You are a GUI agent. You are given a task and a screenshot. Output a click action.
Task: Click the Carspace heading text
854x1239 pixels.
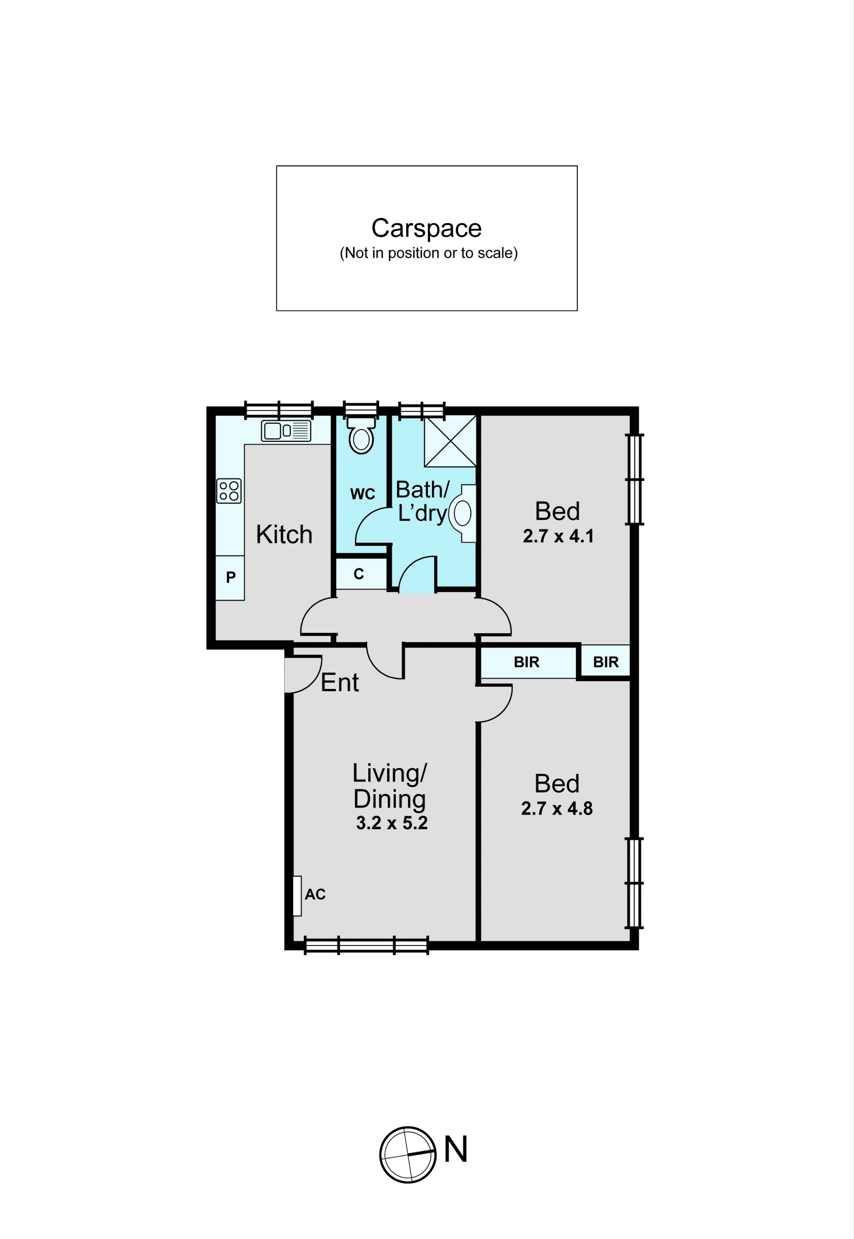(x=427, y=229)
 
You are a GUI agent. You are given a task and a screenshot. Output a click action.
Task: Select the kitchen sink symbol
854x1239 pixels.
(x=286, y=431)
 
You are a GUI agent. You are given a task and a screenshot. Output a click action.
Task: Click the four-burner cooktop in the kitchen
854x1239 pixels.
(x=229, y=491)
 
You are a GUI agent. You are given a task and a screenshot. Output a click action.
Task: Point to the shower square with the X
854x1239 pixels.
(x=450, y=441)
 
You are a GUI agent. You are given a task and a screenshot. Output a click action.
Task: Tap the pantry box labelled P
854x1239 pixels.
(x=230, y=578)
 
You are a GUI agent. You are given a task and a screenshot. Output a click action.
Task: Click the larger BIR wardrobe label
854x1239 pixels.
(x=527, y=662)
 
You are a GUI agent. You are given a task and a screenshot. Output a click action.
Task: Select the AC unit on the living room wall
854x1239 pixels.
(x=297, y=896)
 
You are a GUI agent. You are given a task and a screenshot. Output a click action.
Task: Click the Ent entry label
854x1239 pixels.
(x=340, y=683)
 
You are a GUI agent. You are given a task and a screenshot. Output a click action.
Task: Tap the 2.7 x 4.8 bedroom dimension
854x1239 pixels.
(x=557, y=809)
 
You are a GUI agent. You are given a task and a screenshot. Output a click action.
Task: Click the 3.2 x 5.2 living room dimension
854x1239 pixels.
(x=392, y=823)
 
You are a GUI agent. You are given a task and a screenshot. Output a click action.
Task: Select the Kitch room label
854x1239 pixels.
(x=284, y=535)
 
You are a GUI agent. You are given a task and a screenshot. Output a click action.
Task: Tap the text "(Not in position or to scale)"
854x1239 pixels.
(x=429, y=253)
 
